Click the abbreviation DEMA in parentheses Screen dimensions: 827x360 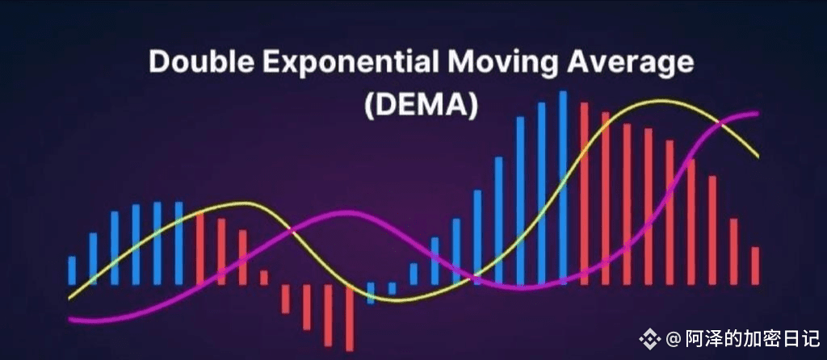[x=421, y=105]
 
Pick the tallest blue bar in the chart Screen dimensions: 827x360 [x=563, y=187]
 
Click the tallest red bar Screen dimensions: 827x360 [x=585, y=194]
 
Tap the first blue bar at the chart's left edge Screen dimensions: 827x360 [x=72, y=270]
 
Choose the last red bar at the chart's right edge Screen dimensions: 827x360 [x=755, y=266]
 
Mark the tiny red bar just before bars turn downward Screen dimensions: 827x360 [x=264, y=278]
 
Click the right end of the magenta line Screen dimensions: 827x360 [x=758, y=113]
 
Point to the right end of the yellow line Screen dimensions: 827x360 [x=758, y=157]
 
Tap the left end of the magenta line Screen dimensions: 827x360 [x=69, y=319]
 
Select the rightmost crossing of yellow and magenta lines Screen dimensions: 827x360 [x=721, y=123]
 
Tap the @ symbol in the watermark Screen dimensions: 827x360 [x=674, y=338]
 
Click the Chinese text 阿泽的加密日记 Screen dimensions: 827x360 [x=752, y=338]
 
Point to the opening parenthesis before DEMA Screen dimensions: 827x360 [x=370, y=106]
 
